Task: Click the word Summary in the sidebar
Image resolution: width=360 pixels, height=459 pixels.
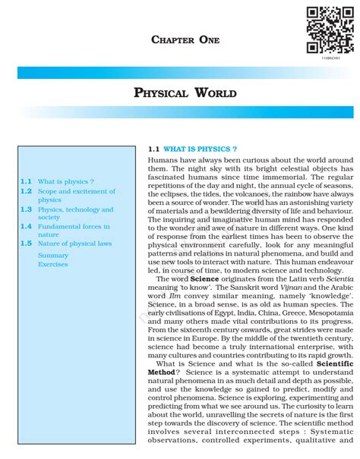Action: tap(52, 256)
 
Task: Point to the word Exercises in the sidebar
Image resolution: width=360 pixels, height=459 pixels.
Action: tap(53, 265)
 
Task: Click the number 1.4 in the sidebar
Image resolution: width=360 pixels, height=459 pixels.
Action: tap(26, 226)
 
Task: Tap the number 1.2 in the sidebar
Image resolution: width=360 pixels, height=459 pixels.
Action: tap(26, 191)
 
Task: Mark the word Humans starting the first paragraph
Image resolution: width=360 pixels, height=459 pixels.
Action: tap(164, 161)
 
